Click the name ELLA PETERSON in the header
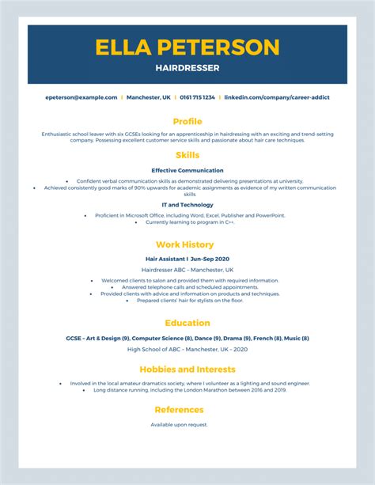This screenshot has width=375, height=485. tap(187, 47)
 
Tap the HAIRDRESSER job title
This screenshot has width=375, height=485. tap(187, 68)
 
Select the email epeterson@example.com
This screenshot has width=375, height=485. tap(81, 97)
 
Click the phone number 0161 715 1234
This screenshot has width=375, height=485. tap(197, 97)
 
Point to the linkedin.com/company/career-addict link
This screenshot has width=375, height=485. tap(277, 97)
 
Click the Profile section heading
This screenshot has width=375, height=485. tap(187, 121)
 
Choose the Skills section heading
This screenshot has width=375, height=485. tap(187, 155)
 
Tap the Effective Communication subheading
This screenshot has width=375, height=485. tap(187, 170)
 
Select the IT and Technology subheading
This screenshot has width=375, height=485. tap(187, 205)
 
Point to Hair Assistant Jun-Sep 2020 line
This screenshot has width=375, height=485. tap(187, 259)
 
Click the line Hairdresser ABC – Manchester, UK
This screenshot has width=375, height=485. tap(187, 270)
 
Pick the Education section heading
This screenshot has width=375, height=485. tap(187, 323)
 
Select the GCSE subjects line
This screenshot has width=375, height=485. tap(187, 338)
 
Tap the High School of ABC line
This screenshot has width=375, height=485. tap(187, 349)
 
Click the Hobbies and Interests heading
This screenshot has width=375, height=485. tap(187, 369)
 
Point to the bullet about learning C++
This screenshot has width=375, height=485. tap(190, 222)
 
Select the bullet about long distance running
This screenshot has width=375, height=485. tap(190, 390)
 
